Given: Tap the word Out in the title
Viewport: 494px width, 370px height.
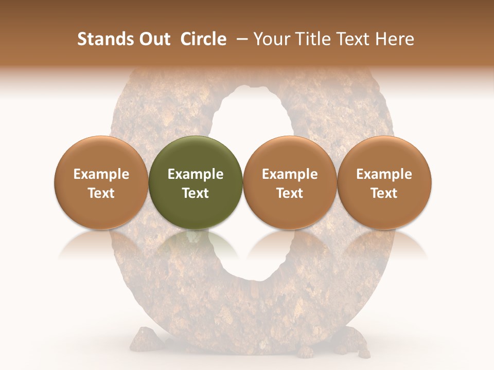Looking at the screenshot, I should (154, 39).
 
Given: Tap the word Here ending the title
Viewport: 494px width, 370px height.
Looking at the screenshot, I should (395, 39).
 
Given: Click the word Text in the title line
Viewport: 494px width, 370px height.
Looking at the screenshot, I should (355, 39).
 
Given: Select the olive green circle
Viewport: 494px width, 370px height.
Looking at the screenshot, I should (196, 182).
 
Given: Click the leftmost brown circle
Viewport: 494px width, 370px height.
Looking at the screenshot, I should (101, 182).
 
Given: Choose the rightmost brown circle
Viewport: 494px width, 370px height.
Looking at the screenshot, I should (384, 182).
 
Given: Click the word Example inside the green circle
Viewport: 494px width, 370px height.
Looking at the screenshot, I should (196, 174).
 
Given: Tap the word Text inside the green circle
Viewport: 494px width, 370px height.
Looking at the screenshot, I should (196, 193).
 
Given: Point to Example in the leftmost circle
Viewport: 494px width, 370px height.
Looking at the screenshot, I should (101, 174).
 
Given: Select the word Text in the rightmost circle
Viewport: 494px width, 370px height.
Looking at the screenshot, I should (384, 193).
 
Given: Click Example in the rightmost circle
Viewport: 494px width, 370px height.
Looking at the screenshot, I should (384, 174).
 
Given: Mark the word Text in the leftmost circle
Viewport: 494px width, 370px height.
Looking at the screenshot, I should (101, 193).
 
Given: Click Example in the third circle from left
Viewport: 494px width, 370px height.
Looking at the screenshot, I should (290, 174).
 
